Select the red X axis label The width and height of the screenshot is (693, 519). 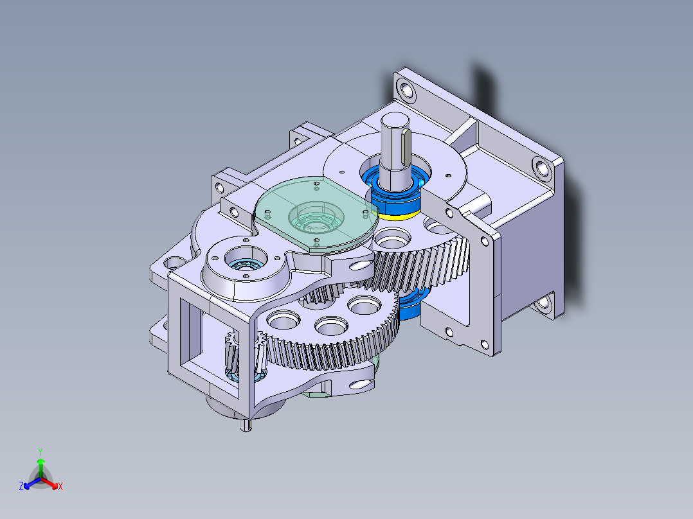click(x=60, y=487)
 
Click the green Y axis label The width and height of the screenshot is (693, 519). click(x=40, y=452)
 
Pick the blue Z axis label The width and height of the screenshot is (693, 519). click(x=21, y=487)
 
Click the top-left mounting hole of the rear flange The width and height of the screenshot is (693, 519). click(x=405, y=87)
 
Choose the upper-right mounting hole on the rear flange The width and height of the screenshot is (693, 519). click(x=542, y=168)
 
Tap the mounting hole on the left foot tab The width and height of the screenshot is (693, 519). click(x=172, y=263)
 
